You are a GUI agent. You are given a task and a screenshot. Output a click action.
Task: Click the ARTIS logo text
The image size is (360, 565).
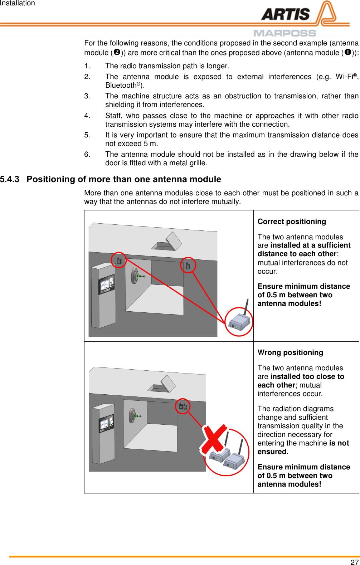[285, 15]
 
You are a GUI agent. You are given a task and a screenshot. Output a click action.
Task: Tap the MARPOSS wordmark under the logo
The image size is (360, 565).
[285, 33]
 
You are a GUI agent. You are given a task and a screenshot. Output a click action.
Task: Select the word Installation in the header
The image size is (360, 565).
[18, 3]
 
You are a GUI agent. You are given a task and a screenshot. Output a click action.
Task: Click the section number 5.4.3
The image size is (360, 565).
[10, 179]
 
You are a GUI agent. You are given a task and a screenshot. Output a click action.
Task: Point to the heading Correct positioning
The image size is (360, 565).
[292, 221]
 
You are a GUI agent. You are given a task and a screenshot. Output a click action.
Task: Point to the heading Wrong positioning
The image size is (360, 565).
[290, 352]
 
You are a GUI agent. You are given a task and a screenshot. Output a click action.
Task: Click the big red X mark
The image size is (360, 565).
[214, 439]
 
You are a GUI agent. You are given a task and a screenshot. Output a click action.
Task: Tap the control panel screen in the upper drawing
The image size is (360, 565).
[107, 285]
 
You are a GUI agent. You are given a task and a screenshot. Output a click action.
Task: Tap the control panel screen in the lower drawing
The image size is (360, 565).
[106, 423]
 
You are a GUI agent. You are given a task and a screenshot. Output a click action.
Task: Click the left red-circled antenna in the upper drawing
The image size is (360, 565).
[119, 260]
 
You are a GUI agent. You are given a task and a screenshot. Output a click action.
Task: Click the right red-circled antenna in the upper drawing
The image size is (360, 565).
[188, 266]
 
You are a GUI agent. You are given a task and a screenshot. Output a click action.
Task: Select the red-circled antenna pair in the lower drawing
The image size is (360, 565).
[183, 406]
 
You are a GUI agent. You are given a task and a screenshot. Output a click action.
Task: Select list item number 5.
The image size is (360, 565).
[87, 135]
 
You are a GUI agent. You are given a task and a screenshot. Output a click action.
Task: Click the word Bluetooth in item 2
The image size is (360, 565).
[121, 85]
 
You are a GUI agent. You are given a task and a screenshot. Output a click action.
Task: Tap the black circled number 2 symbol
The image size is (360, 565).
[116, 52]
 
